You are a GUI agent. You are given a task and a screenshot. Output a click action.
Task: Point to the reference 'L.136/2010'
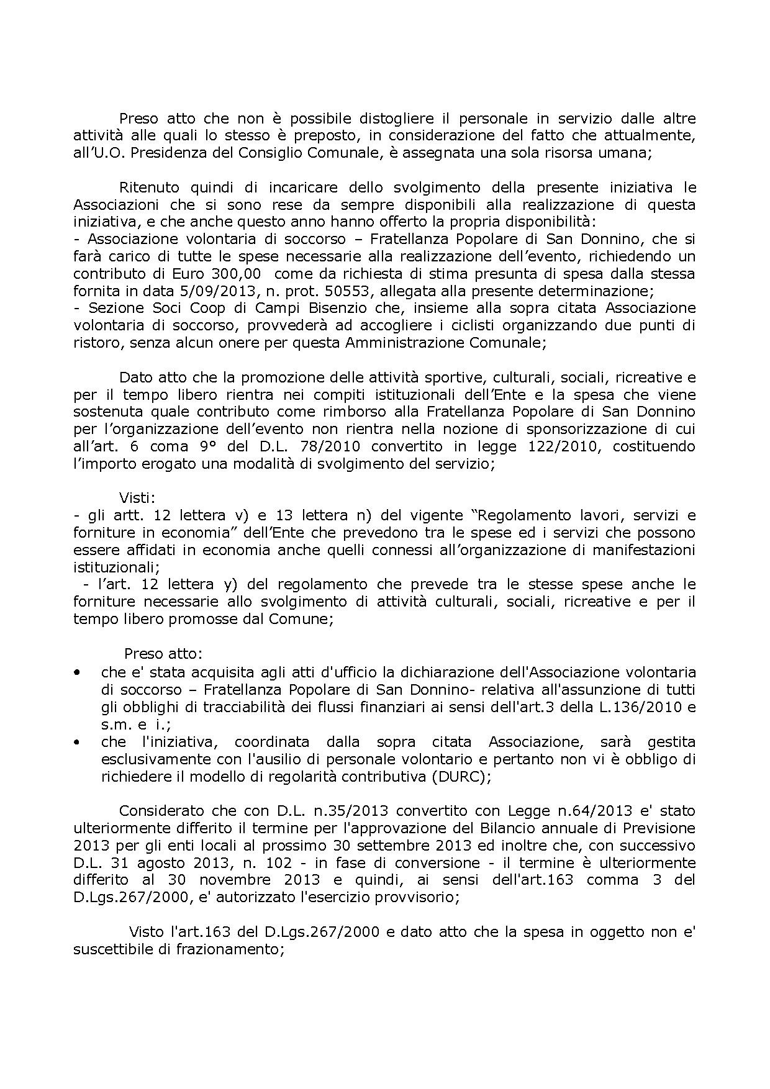pyautogui.click(x=646, y=707)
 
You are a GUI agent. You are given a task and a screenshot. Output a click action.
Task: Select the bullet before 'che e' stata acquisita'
pyautogui.click(x=77, y=673)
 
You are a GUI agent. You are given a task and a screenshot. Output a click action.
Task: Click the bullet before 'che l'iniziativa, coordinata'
pyautogui.click(x=77, y=742)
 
